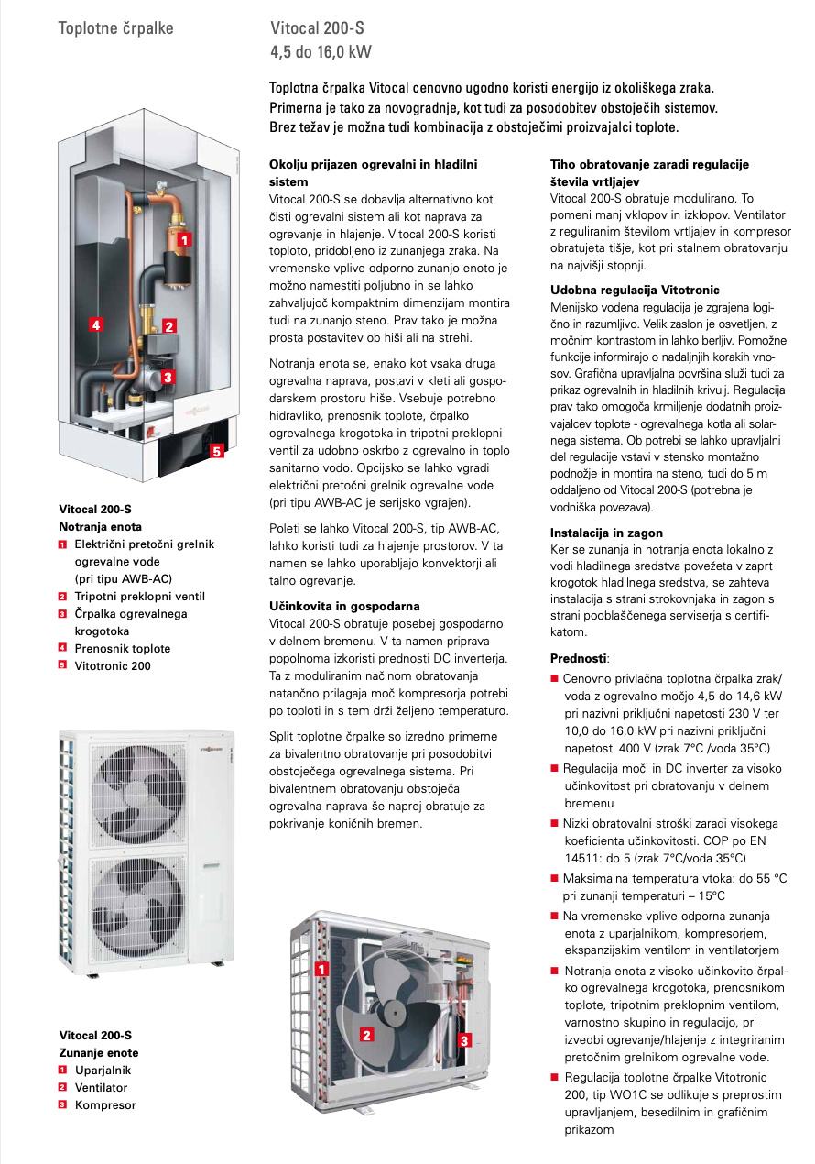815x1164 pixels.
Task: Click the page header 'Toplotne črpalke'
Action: (115, 28)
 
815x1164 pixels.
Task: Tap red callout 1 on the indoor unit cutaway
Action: (183, 239)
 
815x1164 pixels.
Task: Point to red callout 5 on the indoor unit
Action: (216, 450)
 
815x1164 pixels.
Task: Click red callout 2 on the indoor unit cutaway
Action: (168, 324)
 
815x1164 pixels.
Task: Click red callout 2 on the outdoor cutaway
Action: (366, 1035)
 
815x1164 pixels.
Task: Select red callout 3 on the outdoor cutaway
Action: (464, 1040)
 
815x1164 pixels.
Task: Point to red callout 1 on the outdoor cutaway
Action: (322, 968)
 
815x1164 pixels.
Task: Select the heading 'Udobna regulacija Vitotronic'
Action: (635, 290)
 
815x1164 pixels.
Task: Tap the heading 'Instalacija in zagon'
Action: (606, 533)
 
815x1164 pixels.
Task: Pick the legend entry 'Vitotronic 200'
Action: (113, 666)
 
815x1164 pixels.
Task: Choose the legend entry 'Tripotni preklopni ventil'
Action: (139, 597)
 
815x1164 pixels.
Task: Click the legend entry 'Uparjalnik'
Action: (103, 1070)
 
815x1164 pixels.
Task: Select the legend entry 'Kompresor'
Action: (105, 1104)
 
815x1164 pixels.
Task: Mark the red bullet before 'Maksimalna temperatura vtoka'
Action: (554, 878)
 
